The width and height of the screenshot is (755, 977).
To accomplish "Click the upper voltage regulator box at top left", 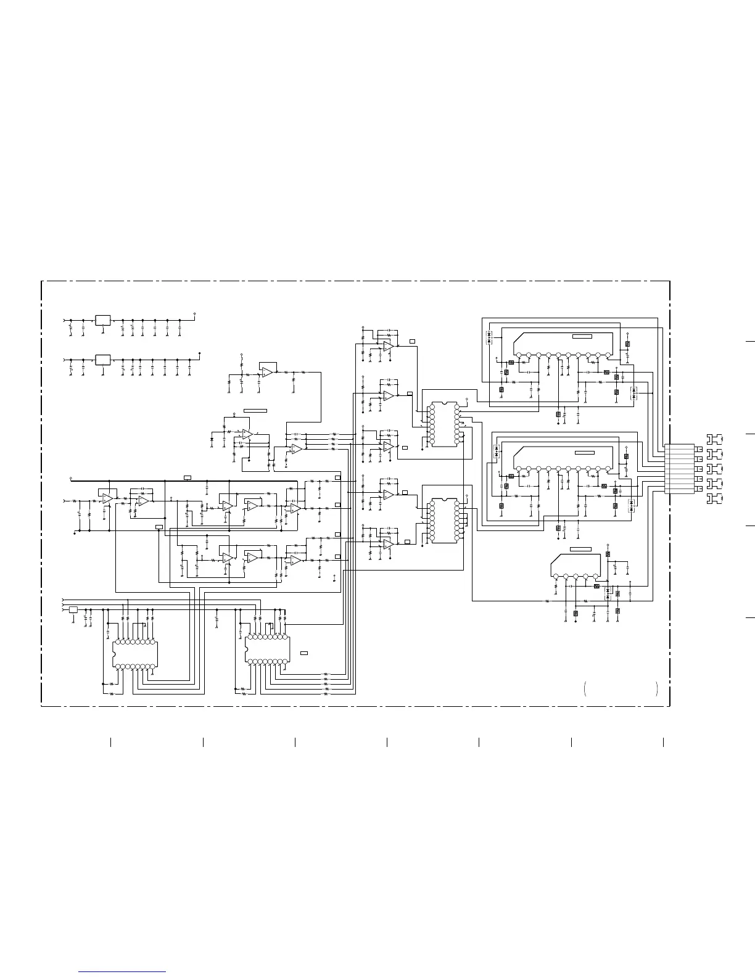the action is point(103,320).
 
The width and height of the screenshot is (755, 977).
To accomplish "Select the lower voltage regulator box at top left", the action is point(103,359).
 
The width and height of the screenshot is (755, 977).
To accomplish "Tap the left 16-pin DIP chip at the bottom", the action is point(135,654).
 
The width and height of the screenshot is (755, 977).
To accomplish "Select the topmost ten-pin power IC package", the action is point(562,345).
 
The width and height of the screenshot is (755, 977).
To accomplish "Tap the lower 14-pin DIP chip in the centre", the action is point(443,521).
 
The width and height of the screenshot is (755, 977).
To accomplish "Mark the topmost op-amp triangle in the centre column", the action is point(387,347).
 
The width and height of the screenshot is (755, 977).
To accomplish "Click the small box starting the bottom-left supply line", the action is point(73,609).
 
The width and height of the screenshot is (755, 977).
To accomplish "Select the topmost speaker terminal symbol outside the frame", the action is point(714,439).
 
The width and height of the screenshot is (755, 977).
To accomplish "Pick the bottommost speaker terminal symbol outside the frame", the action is point(714,498).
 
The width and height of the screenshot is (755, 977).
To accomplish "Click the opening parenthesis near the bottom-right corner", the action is point(584,689).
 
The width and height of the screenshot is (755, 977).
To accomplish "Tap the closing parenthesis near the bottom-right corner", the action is point(658,689).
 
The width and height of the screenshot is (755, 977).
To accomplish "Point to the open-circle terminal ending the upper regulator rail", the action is point(195,313).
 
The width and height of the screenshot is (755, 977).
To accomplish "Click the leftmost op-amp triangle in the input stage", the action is point(107,497).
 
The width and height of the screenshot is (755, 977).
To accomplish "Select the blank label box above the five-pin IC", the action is point(580,549).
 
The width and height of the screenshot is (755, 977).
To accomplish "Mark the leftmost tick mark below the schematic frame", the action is point(110,742).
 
